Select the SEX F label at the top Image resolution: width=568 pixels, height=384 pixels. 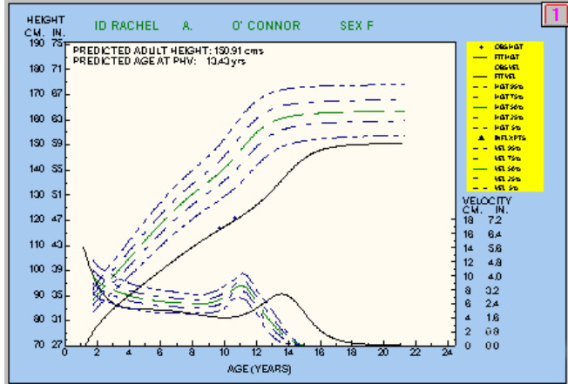pyautogui.click(x=356, y=25)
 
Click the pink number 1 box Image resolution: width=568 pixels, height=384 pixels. pyautogui.click(x=554, y=16)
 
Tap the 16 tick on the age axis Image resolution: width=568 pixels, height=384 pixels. pyautogui.click(x=320, y=354)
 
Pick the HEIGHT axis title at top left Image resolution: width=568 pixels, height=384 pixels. pyautogui.click(x=40, y=18)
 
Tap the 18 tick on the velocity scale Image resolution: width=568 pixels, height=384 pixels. pyautogui.click(x=469, y=220)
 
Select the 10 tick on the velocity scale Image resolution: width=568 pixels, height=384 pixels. pyautogui.click(x=469, y=276)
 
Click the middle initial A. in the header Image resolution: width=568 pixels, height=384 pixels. pyautogui.click(x=188, y=25)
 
